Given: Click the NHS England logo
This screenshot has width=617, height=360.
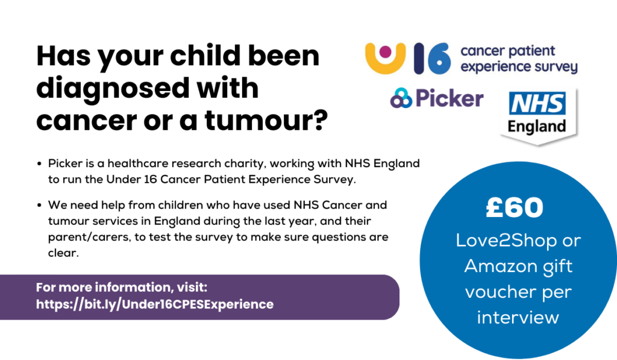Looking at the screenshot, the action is pyautogui.click(x=537, y=116).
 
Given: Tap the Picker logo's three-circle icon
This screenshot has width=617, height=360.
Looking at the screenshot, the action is pyautogui.click(x=401, y=98).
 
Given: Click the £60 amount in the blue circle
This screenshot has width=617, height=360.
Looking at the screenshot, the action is pyautogui.click(x=515, y=207).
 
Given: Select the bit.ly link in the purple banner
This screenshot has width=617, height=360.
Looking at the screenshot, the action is pyautogui.click(x=155, y=305).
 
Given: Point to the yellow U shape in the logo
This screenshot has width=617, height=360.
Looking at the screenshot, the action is pyautogui.click(x=385, y=58).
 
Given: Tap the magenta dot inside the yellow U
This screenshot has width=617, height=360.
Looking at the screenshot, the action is pyautogui.click(x=385, y=52).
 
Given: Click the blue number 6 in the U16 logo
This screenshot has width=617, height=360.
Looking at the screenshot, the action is pyautogui.click(x=439, y=58).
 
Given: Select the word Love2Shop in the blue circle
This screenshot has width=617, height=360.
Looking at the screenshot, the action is pyautogui.click(x=506, y=241).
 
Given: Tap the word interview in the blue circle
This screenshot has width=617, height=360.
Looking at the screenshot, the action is pyautogui.click(x=518, y=317).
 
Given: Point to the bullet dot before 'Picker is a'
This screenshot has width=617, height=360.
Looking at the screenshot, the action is pyautogui.click(x=39, y=164).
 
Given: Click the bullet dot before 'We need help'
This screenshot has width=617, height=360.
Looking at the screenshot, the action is pyautogui.click(x=39, y=206).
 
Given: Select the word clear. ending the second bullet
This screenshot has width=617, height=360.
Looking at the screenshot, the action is pyautogui.click(x=63, y=253).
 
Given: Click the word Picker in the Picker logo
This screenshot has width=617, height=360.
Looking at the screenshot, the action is pyautogui.click(x=449, y=98).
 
